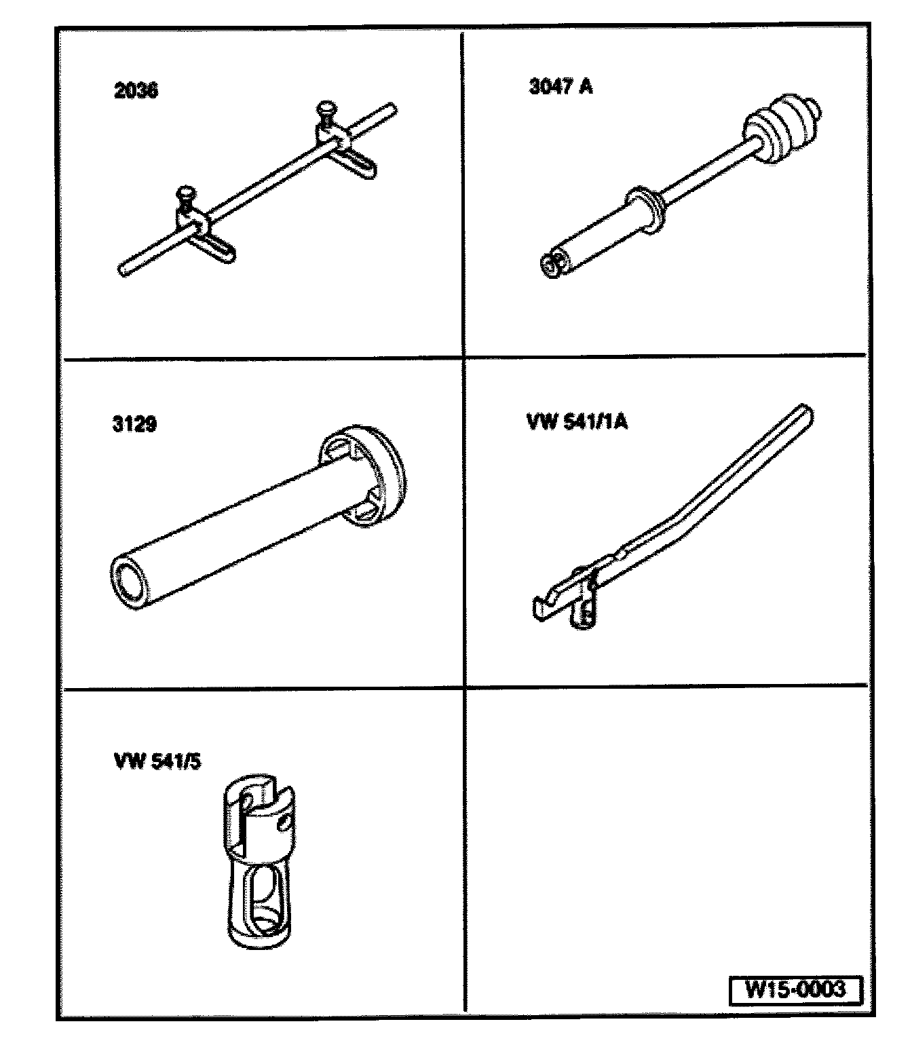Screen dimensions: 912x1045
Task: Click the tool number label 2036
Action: click(136, 90)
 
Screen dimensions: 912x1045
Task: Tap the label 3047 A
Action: click(560, 87)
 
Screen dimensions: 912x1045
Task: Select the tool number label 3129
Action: click(134, 424)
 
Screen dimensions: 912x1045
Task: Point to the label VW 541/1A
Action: click(577, 421)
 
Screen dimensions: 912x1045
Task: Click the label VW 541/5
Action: click(157, 761)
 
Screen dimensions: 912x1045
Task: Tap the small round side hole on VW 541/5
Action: click(286, 822)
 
